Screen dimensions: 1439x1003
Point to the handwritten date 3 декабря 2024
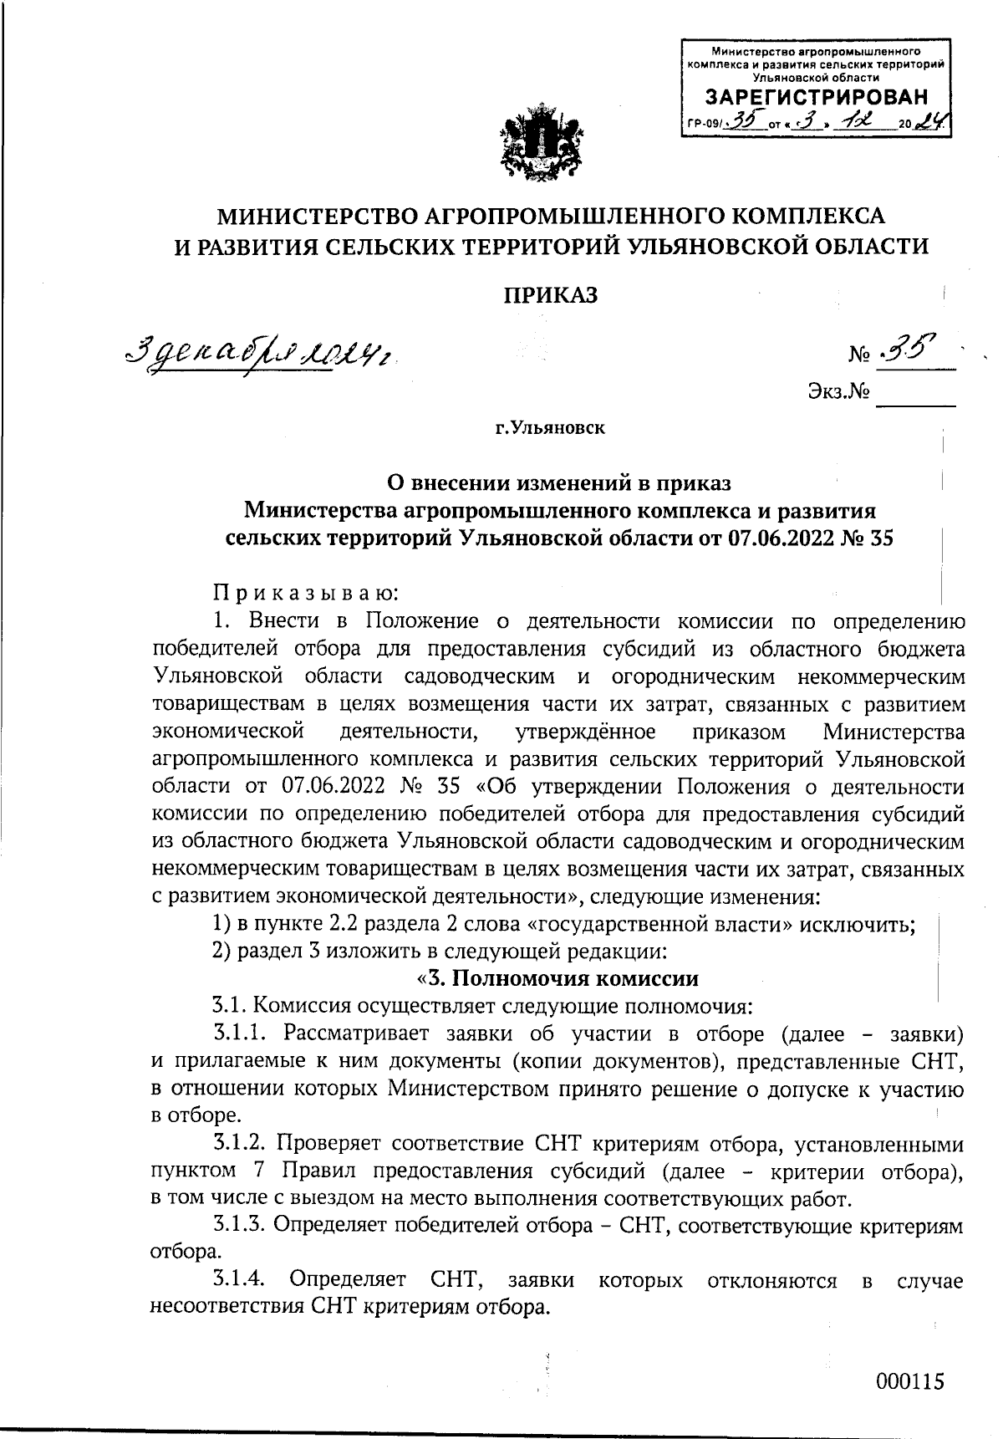tap(259, 355)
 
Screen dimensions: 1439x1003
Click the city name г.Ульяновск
tap(549, 429)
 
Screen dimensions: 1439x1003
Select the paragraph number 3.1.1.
tap(239, 1034)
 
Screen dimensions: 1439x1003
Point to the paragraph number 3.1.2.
tap(239, 1143)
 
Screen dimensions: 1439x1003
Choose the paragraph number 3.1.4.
tap(239, 1280)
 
